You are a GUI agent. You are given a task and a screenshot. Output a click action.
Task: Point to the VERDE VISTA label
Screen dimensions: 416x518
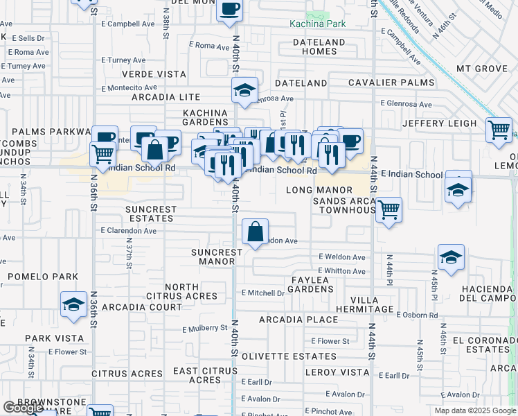point(154,74)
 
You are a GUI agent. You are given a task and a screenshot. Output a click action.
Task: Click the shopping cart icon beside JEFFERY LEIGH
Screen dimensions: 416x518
point(499,130)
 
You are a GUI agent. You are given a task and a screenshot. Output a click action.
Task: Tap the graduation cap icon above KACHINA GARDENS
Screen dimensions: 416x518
point(244,91)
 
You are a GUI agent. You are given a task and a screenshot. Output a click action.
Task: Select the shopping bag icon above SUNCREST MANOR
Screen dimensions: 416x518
point(256,232)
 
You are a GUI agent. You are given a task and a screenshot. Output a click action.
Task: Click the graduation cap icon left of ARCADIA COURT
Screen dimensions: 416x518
point(73,305)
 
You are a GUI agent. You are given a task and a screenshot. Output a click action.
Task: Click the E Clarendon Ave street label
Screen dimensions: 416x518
point(129,230)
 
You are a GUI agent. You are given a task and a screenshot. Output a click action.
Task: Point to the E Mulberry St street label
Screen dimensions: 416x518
point(205,328)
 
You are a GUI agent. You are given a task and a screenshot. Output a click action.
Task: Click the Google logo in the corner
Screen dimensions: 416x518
point(23,408)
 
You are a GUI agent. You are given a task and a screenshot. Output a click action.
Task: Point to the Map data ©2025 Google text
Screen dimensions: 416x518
point(475,410)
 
